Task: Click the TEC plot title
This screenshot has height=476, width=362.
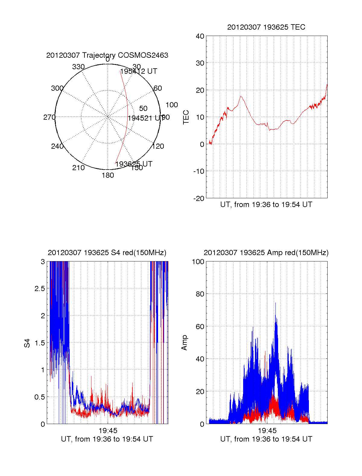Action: click(x=266, y=27)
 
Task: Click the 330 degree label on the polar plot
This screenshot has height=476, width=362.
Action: click(x=78, y=67)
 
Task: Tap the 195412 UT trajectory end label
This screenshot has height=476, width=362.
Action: click(x=138, y=71)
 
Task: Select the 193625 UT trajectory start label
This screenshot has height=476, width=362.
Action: click(x=134, y=164)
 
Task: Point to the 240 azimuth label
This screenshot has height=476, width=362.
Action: click(x=57, y=146)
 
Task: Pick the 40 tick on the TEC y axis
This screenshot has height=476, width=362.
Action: click(x=200, y=36)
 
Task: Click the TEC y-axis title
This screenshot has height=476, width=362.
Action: click(x=186, y=117)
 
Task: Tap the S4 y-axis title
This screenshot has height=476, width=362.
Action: click(x=27, y=343)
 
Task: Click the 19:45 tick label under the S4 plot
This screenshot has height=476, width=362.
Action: click(x=108, y=431)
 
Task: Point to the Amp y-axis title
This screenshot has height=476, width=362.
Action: click(x=184, y=343)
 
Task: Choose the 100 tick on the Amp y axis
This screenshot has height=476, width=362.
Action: click(x=198, y=261)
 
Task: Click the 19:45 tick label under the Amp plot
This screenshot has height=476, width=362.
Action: click(x=267, y=431)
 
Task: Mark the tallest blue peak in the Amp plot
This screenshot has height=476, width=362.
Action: click(x=275, y=303)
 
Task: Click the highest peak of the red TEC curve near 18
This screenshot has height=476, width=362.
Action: click(x=241, y=96)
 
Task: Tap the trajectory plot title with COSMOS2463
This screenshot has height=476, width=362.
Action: click(x=107, y=55)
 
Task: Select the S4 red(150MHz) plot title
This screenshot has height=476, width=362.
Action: click(x=107, y=253)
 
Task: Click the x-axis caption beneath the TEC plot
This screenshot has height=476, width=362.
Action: click(x=266, y=205)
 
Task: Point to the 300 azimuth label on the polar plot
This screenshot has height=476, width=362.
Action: click(x=57, y=88)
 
